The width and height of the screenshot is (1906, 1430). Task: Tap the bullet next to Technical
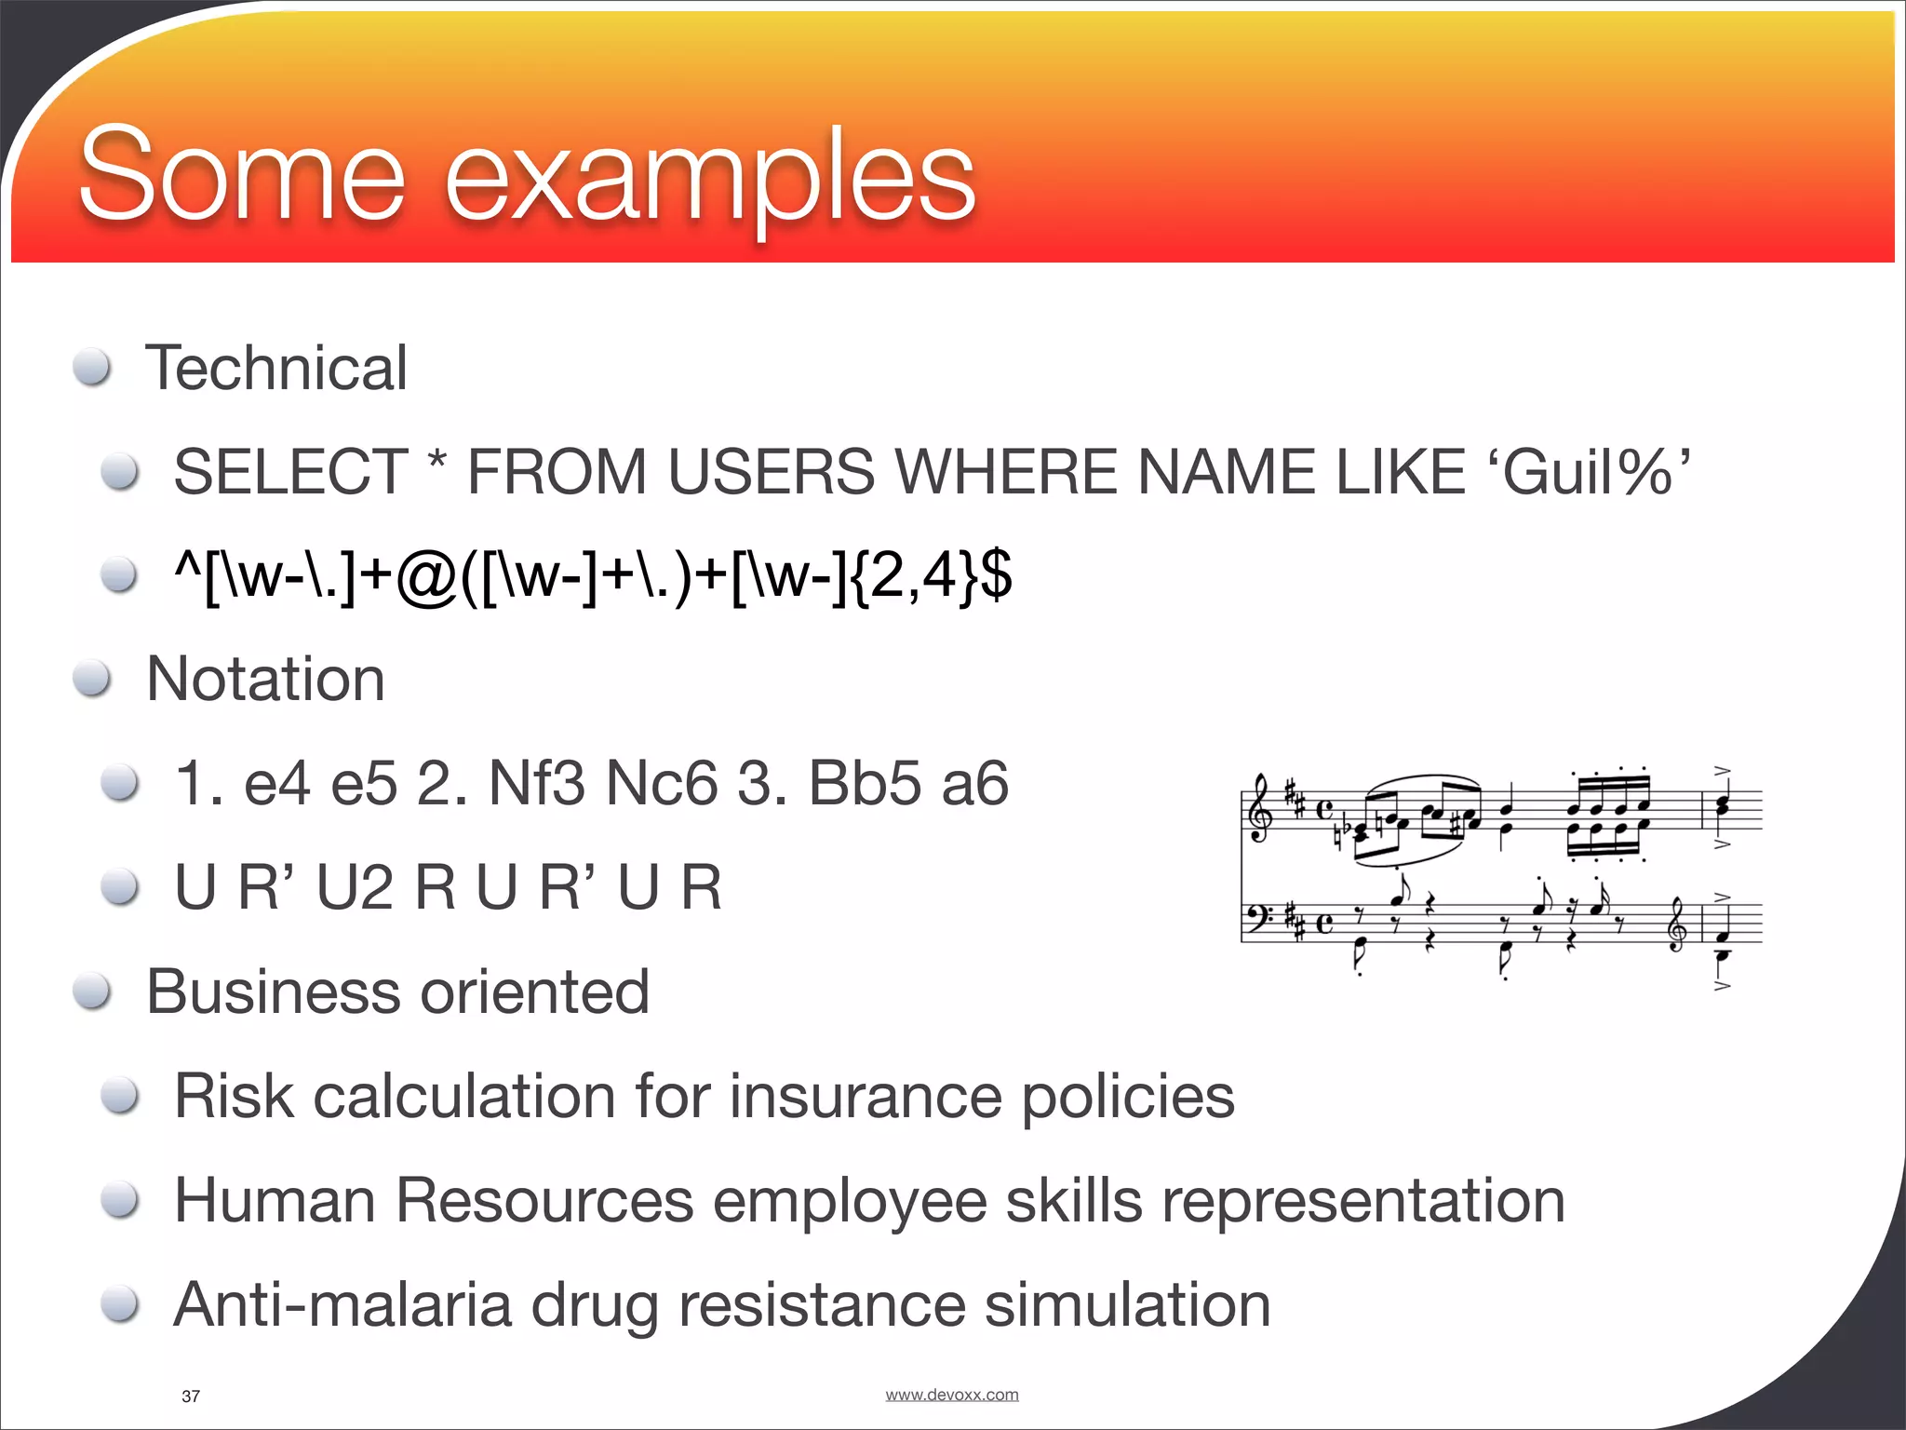93,368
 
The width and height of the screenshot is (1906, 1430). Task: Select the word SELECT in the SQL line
290,472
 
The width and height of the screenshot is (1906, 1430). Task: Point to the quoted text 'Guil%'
1595,472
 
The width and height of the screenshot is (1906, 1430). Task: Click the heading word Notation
265,679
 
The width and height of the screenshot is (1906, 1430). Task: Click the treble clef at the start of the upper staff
1259,809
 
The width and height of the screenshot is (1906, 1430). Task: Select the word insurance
866,1096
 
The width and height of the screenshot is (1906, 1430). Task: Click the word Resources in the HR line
544,1200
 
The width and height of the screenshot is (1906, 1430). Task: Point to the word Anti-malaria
342,1304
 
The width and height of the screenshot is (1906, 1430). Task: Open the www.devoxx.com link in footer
951,1394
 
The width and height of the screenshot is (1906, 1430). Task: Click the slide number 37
191,1396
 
